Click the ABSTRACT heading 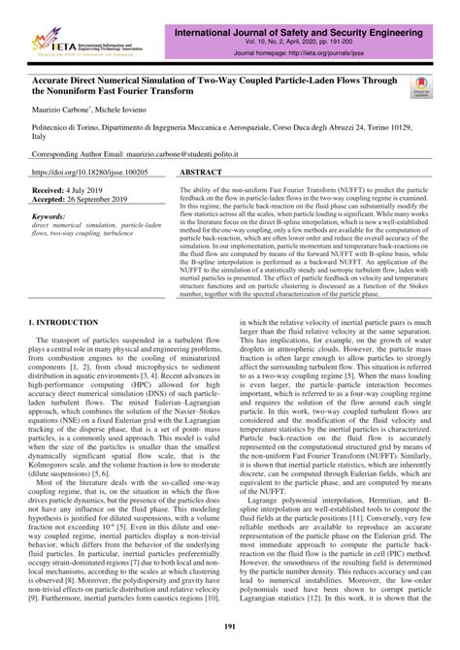pyautogui.click(x=204, y=170)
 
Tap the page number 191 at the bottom pyautogui.click(x=231, y=629)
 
